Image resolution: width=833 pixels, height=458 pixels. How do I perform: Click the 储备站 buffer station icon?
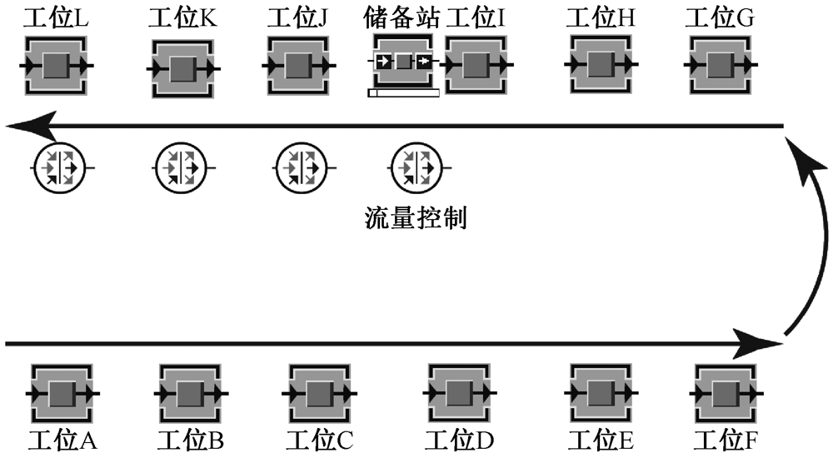point(404,62)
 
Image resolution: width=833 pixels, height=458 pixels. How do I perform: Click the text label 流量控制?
point(416,218)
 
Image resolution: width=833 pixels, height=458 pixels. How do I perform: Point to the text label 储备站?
point(403,18)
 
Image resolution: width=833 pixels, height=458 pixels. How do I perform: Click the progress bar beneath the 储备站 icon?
point(403,92)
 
